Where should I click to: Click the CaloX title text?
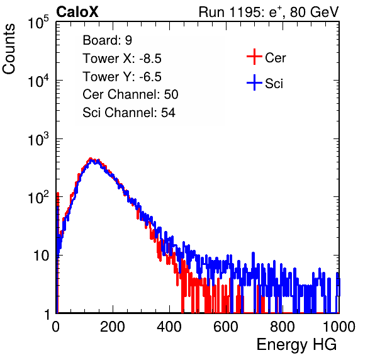(77, 12)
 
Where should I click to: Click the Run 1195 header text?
(269, 12)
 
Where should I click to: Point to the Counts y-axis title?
(9, 49)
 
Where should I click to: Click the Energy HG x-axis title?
(296, 345)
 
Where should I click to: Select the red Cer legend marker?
(254, 57)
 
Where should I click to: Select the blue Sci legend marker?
(254, 82)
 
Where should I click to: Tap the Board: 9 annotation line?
(107, 40)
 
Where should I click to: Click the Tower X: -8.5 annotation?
(122, 59)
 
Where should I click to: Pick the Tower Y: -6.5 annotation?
(122, 77)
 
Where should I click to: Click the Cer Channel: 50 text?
(130, 94)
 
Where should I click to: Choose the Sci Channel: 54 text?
(129, 113)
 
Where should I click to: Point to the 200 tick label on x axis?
(113, 327)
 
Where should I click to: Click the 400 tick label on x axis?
(169, 327)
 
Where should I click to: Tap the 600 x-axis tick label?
(226, 327)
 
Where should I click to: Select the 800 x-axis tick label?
(283, 327)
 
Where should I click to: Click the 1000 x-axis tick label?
(339, 327)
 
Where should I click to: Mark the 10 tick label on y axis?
(41, 256)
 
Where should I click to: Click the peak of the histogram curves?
(91, 159)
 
